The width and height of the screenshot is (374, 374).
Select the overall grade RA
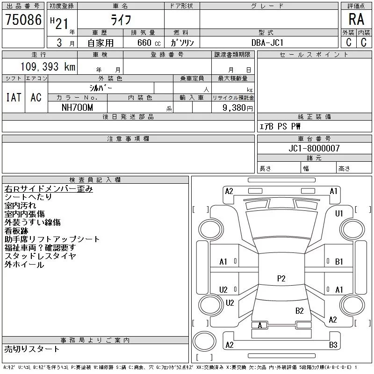356,19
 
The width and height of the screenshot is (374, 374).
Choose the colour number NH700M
78,108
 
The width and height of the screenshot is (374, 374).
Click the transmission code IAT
13,97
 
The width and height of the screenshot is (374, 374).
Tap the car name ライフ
121,19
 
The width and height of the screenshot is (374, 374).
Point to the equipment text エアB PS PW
280,127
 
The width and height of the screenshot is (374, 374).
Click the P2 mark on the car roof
281,279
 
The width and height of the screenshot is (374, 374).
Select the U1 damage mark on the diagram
339,214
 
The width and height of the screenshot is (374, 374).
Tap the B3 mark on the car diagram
333,345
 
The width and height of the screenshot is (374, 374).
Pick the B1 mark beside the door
339,262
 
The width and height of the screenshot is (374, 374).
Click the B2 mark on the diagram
300,310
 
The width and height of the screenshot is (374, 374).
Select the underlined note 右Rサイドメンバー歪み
49,189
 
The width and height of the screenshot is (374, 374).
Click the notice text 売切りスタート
32,349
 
